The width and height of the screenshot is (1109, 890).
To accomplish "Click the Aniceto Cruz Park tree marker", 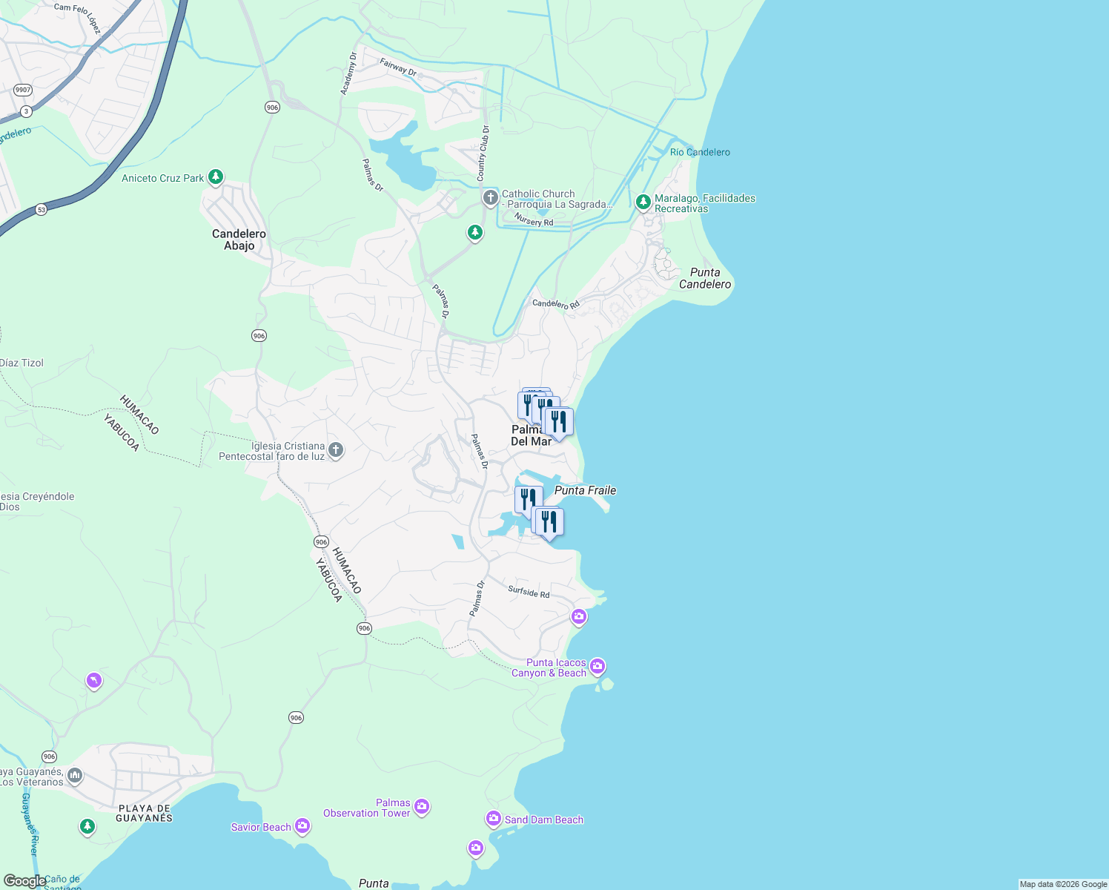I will [216, 177].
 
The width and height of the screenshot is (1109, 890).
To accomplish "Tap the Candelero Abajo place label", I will [239, 240].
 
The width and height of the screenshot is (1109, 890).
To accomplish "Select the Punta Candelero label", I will [705, 278].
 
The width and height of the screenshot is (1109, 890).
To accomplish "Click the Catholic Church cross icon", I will [490, 198].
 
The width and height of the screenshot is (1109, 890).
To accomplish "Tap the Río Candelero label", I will [700, 152].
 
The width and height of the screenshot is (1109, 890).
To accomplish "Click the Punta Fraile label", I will [585, 490].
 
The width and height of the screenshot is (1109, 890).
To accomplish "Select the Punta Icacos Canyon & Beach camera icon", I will [597, 667].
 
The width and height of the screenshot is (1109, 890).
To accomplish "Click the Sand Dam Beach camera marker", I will [494, 819].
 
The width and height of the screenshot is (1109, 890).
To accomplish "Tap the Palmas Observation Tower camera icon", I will [422, 807].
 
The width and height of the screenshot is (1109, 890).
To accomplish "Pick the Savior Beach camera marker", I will [302, 825].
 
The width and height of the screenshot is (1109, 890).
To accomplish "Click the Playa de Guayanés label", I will [144, 813].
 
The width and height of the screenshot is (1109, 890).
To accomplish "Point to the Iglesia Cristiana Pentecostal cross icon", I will [335, 450].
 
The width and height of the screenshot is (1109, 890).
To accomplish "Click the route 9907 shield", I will [23, 90].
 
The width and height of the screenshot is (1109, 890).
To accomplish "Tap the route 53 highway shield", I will [41, 210].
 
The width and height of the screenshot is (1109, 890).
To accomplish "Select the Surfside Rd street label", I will [529, 592].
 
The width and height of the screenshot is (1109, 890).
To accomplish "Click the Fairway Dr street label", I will [398, 67].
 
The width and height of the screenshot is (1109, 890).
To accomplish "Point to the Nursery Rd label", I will [534, 221].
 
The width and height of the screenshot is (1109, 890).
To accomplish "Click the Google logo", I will [24, 881].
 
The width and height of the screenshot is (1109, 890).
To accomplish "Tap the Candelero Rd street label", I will [556, 304].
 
